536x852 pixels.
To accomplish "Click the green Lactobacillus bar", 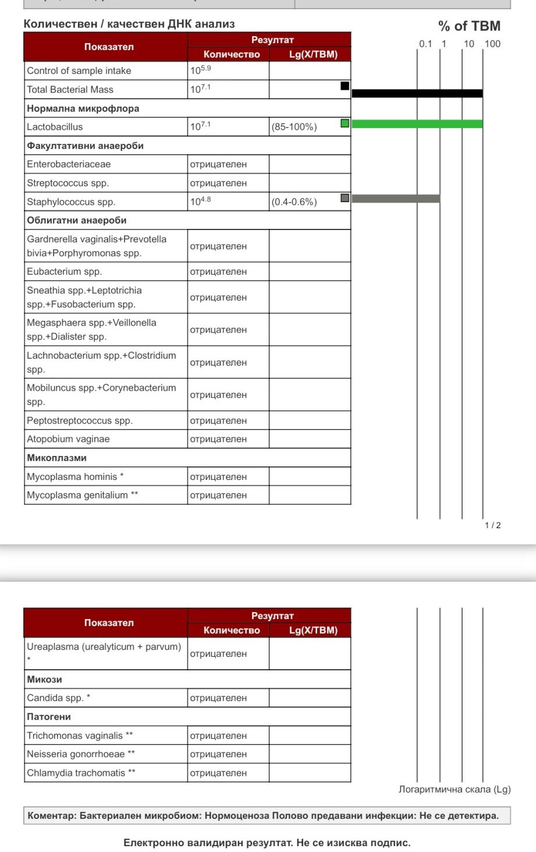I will coord(417,123).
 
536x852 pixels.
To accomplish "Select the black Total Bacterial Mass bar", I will coord(417,93).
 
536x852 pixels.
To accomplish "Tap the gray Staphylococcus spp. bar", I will coord(396,199).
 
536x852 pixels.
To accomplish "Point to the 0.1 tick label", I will coord(425,44).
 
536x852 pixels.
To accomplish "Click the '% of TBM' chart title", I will coord(468,26).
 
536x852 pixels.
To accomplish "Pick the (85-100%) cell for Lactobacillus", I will coord(294,127).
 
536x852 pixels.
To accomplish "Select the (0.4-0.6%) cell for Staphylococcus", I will coord(294,202).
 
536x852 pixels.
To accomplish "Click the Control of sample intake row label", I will coord(79,71).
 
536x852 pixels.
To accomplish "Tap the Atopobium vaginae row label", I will coord(68,439).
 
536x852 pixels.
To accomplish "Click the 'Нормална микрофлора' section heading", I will coord(83,108).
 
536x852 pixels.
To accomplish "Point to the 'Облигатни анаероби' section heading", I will coord(76,220).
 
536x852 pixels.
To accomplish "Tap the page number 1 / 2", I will coord(492,525).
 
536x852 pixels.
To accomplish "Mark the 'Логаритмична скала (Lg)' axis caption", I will coord(454,790).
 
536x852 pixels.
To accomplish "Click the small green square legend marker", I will coord(345,123).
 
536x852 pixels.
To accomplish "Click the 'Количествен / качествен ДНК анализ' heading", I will coord(129,24).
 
